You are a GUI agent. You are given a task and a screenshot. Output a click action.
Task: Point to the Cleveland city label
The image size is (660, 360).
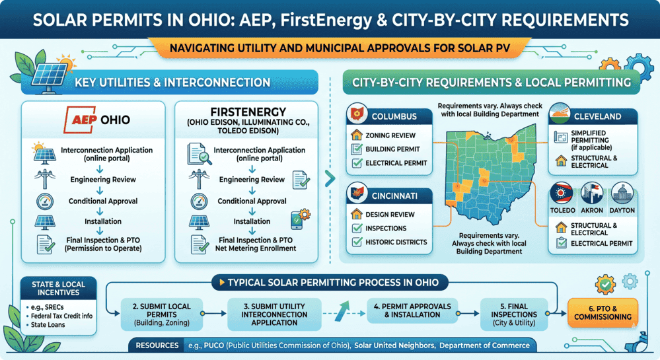tap(597, 116)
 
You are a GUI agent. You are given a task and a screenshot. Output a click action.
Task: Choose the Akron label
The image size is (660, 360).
tap(593, 210)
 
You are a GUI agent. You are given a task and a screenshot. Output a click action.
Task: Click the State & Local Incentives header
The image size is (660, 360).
tap(59, 289)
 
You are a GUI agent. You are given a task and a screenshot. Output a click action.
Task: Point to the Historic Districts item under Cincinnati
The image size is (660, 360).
tap(394, 242)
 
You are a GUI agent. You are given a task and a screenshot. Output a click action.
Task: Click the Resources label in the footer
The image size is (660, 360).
tap(157, 345)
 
